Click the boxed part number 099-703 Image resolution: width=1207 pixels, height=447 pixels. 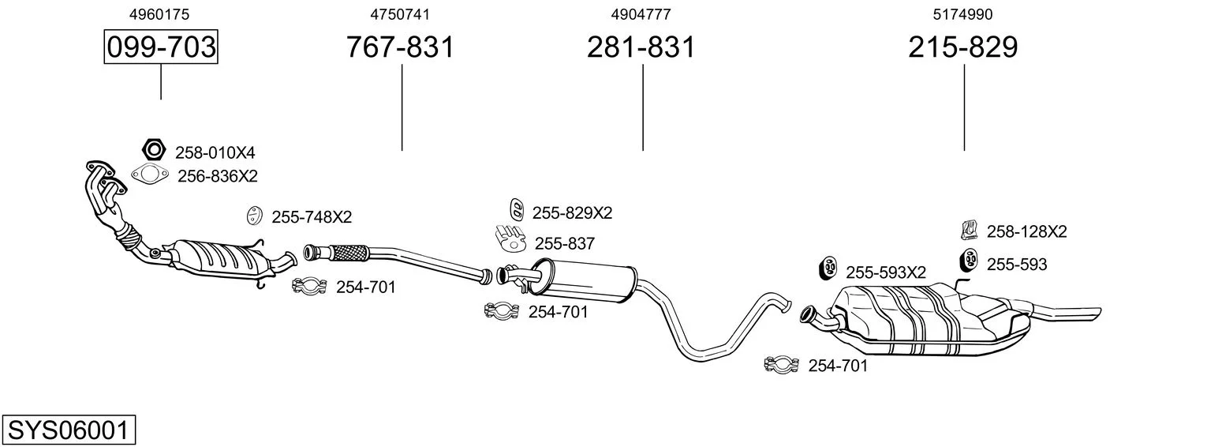coord(161,47)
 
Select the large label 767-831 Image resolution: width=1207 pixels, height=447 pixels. coord(400,47)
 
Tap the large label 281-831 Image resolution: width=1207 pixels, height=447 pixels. coord(641,47)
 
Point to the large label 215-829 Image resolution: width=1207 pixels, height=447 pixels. coord(963,47)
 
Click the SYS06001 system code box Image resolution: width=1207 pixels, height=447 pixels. coord(69,430)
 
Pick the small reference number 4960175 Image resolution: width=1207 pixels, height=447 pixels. coord(159,14)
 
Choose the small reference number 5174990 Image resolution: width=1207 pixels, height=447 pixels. coord(962,14)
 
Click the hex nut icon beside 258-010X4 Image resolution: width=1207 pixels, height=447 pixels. coord(154,149)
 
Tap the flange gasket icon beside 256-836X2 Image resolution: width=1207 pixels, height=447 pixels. coord(150,175)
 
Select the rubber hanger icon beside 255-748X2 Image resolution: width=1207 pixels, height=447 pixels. coord(253,216)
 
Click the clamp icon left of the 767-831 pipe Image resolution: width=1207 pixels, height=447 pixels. coord(310,286)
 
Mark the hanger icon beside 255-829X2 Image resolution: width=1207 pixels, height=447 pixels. coord(517,210)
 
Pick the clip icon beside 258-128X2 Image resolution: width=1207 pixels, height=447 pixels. coord(970,231)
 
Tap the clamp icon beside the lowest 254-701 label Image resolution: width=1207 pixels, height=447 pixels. coord(781,365)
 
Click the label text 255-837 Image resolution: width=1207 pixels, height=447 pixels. coord(564,244)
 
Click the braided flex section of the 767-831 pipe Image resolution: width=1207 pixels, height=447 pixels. coord(349,253)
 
